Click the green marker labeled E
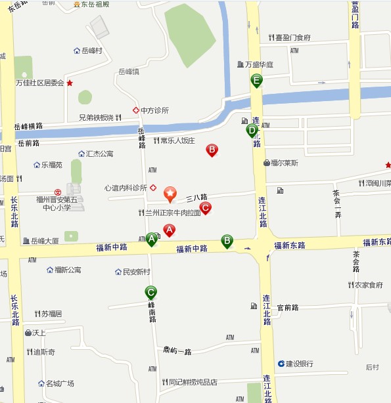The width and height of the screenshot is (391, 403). click(x=256, y=81)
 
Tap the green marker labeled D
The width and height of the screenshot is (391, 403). click(x=252, y=130)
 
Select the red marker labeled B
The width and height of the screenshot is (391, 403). click(x=212, y=150)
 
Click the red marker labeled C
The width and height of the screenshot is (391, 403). click(x=205, y=208)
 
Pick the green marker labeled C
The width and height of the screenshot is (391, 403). click(x=151, y=292)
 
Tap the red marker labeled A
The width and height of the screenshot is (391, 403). click(x=169, y=230)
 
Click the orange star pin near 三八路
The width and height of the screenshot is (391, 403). click(x=170, y=193)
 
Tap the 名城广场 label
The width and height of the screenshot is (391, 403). click(x=59, y=383)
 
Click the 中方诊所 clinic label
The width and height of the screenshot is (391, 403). click(x=154, y=110)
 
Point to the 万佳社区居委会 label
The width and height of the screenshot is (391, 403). click(x=40, y=83)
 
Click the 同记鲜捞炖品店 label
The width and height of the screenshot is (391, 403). click(x=193, y=382)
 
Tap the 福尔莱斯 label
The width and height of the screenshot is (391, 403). click(x=284, y=163)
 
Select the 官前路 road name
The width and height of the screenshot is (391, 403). click(x=288, y=307)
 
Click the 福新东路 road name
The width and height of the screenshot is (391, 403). click(x=290, y=245)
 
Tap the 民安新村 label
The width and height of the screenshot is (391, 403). click(x=137, y=272)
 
